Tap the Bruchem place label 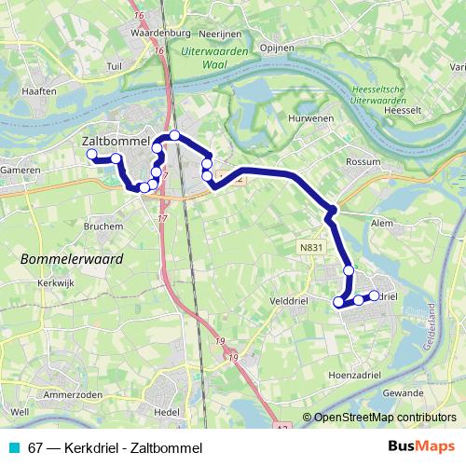coord(103,226)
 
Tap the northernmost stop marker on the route coord(174,135)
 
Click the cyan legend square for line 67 coord(12,445)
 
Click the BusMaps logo coord(422,445)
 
